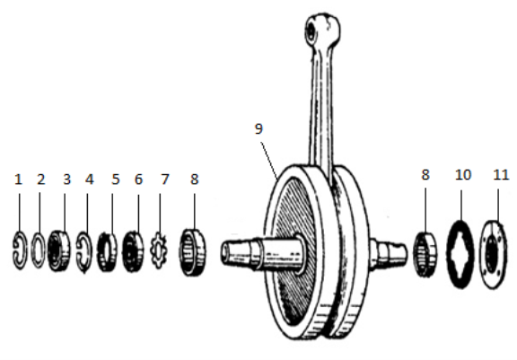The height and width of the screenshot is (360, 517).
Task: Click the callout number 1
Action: (19, 180)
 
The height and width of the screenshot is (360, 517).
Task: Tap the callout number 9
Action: (258, 128)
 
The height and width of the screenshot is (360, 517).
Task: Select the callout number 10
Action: (463, 175)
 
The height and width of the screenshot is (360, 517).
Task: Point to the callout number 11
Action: (501, 175)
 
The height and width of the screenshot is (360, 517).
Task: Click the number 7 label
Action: (165, 180)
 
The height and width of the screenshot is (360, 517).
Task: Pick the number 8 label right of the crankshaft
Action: (425, 175)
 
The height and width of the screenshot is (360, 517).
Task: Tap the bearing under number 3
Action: (58, 250)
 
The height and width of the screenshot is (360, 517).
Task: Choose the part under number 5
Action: (107, 252)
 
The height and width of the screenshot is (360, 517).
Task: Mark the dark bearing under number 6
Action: (133, 251)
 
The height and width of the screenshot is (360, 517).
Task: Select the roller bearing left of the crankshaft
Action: (193, 252)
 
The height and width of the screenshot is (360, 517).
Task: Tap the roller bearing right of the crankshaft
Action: (425, 254)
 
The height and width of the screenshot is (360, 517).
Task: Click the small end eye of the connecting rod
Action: (323, 30)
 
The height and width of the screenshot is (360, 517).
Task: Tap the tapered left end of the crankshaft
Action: (236, 252)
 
